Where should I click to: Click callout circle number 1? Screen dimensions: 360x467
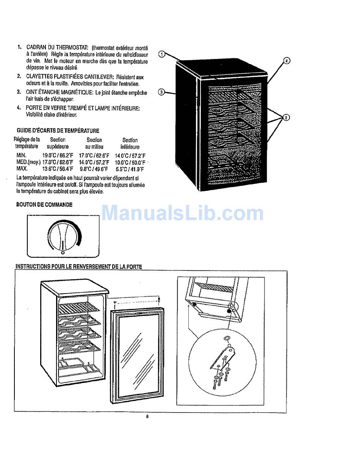[162, 54]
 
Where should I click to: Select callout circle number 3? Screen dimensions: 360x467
[161, 92]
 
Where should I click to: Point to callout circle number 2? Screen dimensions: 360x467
[287, 117]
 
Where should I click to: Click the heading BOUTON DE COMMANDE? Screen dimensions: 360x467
[44, 205]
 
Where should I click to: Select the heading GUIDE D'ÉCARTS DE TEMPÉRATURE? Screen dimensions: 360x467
[58, 131]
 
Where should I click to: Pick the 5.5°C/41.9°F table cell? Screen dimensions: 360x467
[130, 169]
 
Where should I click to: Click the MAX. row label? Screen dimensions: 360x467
[22, 169]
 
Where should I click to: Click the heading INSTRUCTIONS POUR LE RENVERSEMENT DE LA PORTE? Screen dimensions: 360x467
[78, 267]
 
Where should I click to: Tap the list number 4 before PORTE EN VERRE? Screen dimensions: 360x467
[18, 108]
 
